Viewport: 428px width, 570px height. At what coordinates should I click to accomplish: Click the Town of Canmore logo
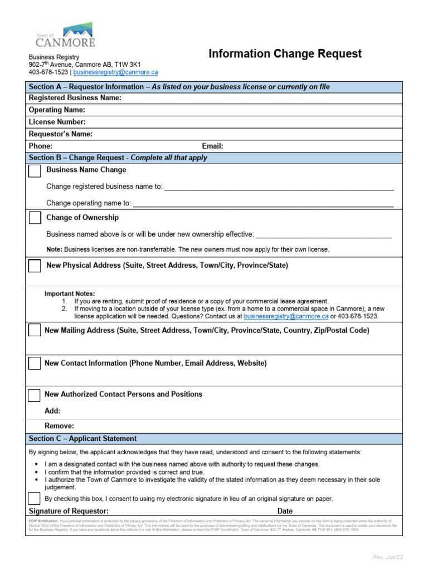(65, 35)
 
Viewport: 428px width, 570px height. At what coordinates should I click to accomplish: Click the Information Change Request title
(285, 54)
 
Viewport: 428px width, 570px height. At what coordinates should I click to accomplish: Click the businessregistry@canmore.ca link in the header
(115, 72)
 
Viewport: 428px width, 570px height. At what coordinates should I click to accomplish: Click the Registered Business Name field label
(75, 98)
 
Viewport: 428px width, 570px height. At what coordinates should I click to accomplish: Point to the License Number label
(57, 122)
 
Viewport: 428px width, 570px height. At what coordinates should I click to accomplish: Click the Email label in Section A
(212, 146)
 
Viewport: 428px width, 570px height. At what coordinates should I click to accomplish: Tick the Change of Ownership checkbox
(35, 218)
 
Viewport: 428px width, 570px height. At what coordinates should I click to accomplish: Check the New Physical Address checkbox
(35, 266)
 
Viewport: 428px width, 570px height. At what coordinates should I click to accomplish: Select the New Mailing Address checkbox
(35, 331)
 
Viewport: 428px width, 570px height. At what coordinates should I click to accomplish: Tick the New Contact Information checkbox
(35, 363)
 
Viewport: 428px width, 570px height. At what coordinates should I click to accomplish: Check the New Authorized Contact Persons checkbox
(35, 395)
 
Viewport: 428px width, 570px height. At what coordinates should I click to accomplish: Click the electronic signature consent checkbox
(35, 499)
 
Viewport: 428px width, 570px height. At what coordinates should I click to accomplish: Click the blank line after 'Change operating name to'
(262, 204)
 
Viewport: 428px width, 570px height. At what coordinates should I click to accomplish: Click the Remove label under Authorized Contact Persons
(59, 426)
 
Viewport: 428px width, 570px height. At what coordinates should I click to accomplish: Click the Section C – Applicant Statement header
(82, 439)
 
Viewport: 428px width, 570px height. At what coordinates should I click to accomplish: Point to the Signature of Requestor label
(69, 511)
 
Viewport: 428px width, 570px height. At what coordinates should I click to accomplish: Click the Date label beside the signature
(285, 511)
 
